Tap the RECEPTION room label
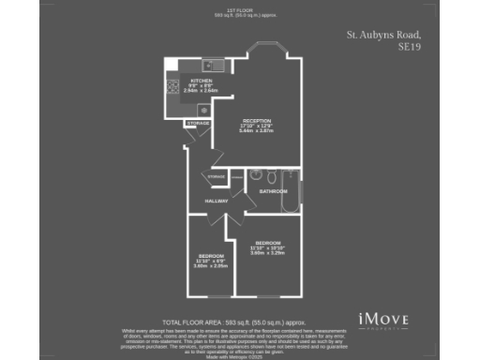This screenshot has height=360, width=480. (x=257, y=121)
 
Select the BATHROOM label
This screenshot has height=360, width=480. (x=273, y=191)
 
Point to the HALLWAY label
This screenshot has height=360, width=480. (x=217, y=201)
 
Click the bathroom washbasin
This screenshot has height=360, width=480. (x=254, y=175)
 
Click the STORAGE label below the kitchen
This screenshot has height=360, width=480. (x=197, y=122)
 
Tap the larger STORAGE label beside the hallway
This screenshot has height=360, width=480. (x=217, y=176)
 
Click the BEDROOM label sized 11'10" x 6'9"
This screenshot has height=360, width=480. (x=211, y=256)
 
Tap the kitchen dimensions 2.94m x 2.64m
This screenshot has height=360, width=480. (x=202, y=91)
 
